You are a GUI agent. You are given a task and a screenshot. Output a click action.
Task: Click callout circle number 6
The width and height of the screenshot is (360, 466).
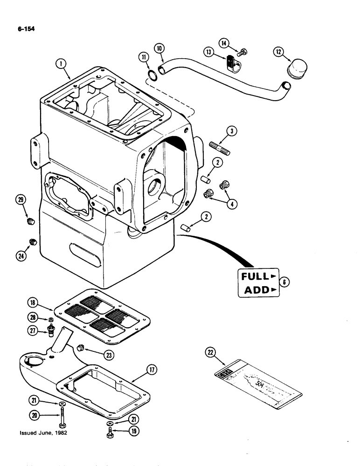click(284, 282)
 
